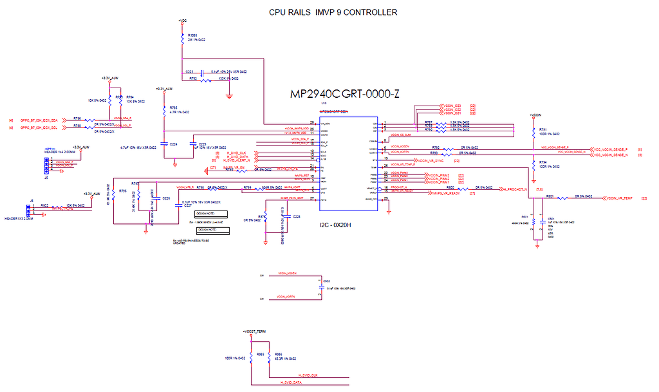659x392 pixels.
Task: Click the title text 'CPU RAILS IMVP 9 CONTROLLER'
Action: pos(333,12)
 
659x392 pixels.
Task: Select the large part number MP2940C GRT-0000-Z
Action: pos(345,95)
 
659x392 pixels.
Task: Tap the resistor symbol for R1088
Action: pos(183,38)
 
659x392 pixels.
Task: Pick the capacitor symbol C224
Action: pos(164,144)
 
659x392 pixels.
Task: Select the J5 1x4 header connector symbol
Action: pos(46,166)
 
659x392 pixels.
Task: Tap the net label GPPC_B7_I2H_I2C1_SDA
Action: pos(39,120)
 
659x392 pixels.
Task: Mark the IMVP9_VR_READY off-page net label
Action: pos(446,193)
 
